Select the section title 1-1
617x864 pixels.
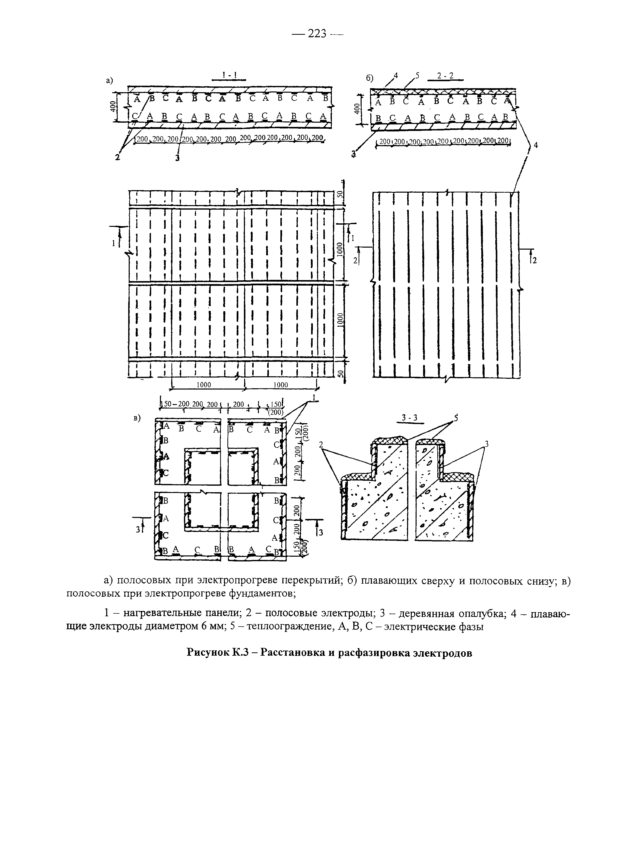pos(229,75)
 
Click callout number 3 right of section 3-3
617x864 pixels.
pos(487,443)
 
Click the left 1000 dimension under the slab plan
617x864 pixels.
pos(204,385)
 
